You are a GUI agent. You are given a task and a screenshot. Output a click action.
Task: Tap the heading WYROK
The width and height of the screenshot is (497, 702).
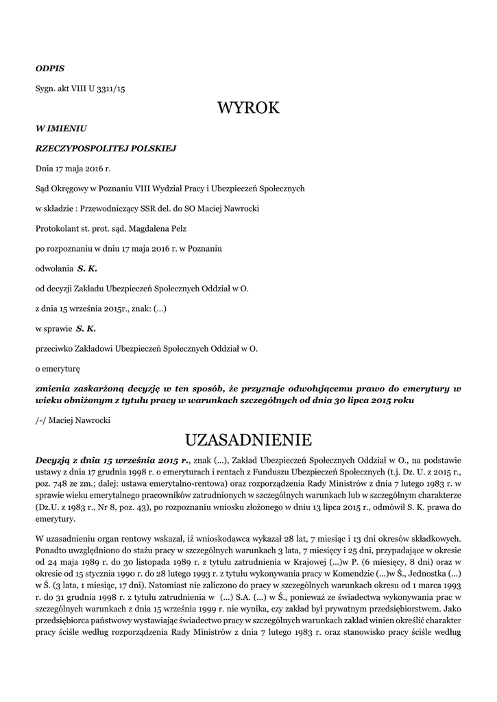(248, 108)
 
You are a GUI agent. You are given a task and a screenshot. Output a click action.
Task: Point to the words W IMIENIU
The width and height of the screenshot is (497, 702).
(60, 128)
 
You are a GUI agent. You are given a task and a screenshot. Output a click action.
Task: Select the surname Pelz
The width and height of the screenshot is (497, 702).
(177, 228)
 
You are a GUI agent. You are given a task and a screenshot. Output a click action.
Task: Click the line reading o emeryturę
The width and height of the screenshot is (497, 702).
(58, 368)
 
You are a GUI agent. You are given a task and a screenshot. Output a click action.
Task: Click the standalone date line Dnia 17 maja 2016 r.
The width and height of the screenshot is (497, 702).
(73, 168)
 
